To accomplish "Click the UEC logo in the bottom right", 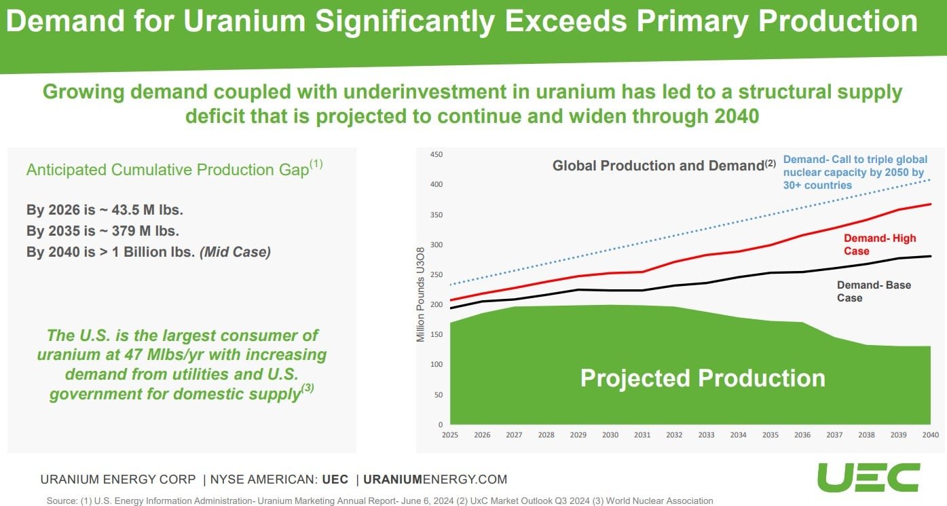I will pos(868,477).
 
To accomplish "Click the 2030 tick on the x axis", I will pos(610,435).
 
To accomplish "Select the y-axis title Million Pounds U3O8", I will pos(421,293).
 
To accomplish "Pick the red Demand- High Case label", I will pos(879,245).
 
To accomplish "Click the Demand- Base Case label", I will pos(874,291).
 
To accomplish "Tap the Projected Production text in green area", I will pos(702,378).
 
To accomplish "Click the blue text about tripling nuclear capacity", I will pos(853,172).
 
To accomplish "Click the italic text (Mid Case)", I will pos(235,252).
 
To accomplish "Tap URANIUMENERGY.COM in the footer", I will pos(435,479).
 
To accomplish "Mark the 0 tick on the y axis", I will pos(440,425).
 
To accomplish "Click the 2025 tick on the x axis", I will pos(449,435).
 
